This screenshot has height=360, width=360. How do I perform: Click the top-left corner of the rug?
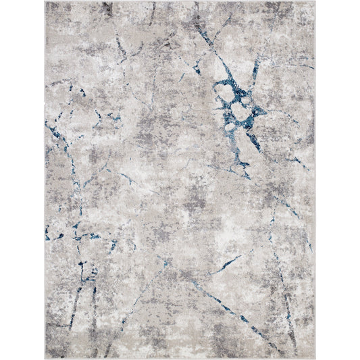[45, 1]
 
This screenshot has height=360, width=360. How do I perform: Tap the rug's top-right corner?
[315, 1]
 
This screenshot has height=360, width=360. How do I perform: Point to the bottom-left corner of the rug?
[45, 358]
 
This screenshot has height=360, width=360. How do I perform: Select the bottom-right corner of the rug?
[315, 358]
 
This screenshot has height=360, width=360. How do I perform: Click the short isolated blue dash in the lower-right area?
[226, 265]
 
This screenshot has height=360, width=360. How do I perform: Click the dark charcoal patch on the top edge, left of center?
[107, 8]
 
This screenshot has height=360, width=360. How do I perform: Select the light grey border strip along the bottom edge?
[180, 356]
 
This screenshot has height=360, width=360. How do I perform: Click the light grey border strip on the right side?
[313, 180]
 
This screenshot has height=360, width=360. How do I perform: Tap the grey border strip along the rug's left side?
[47, 180]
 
